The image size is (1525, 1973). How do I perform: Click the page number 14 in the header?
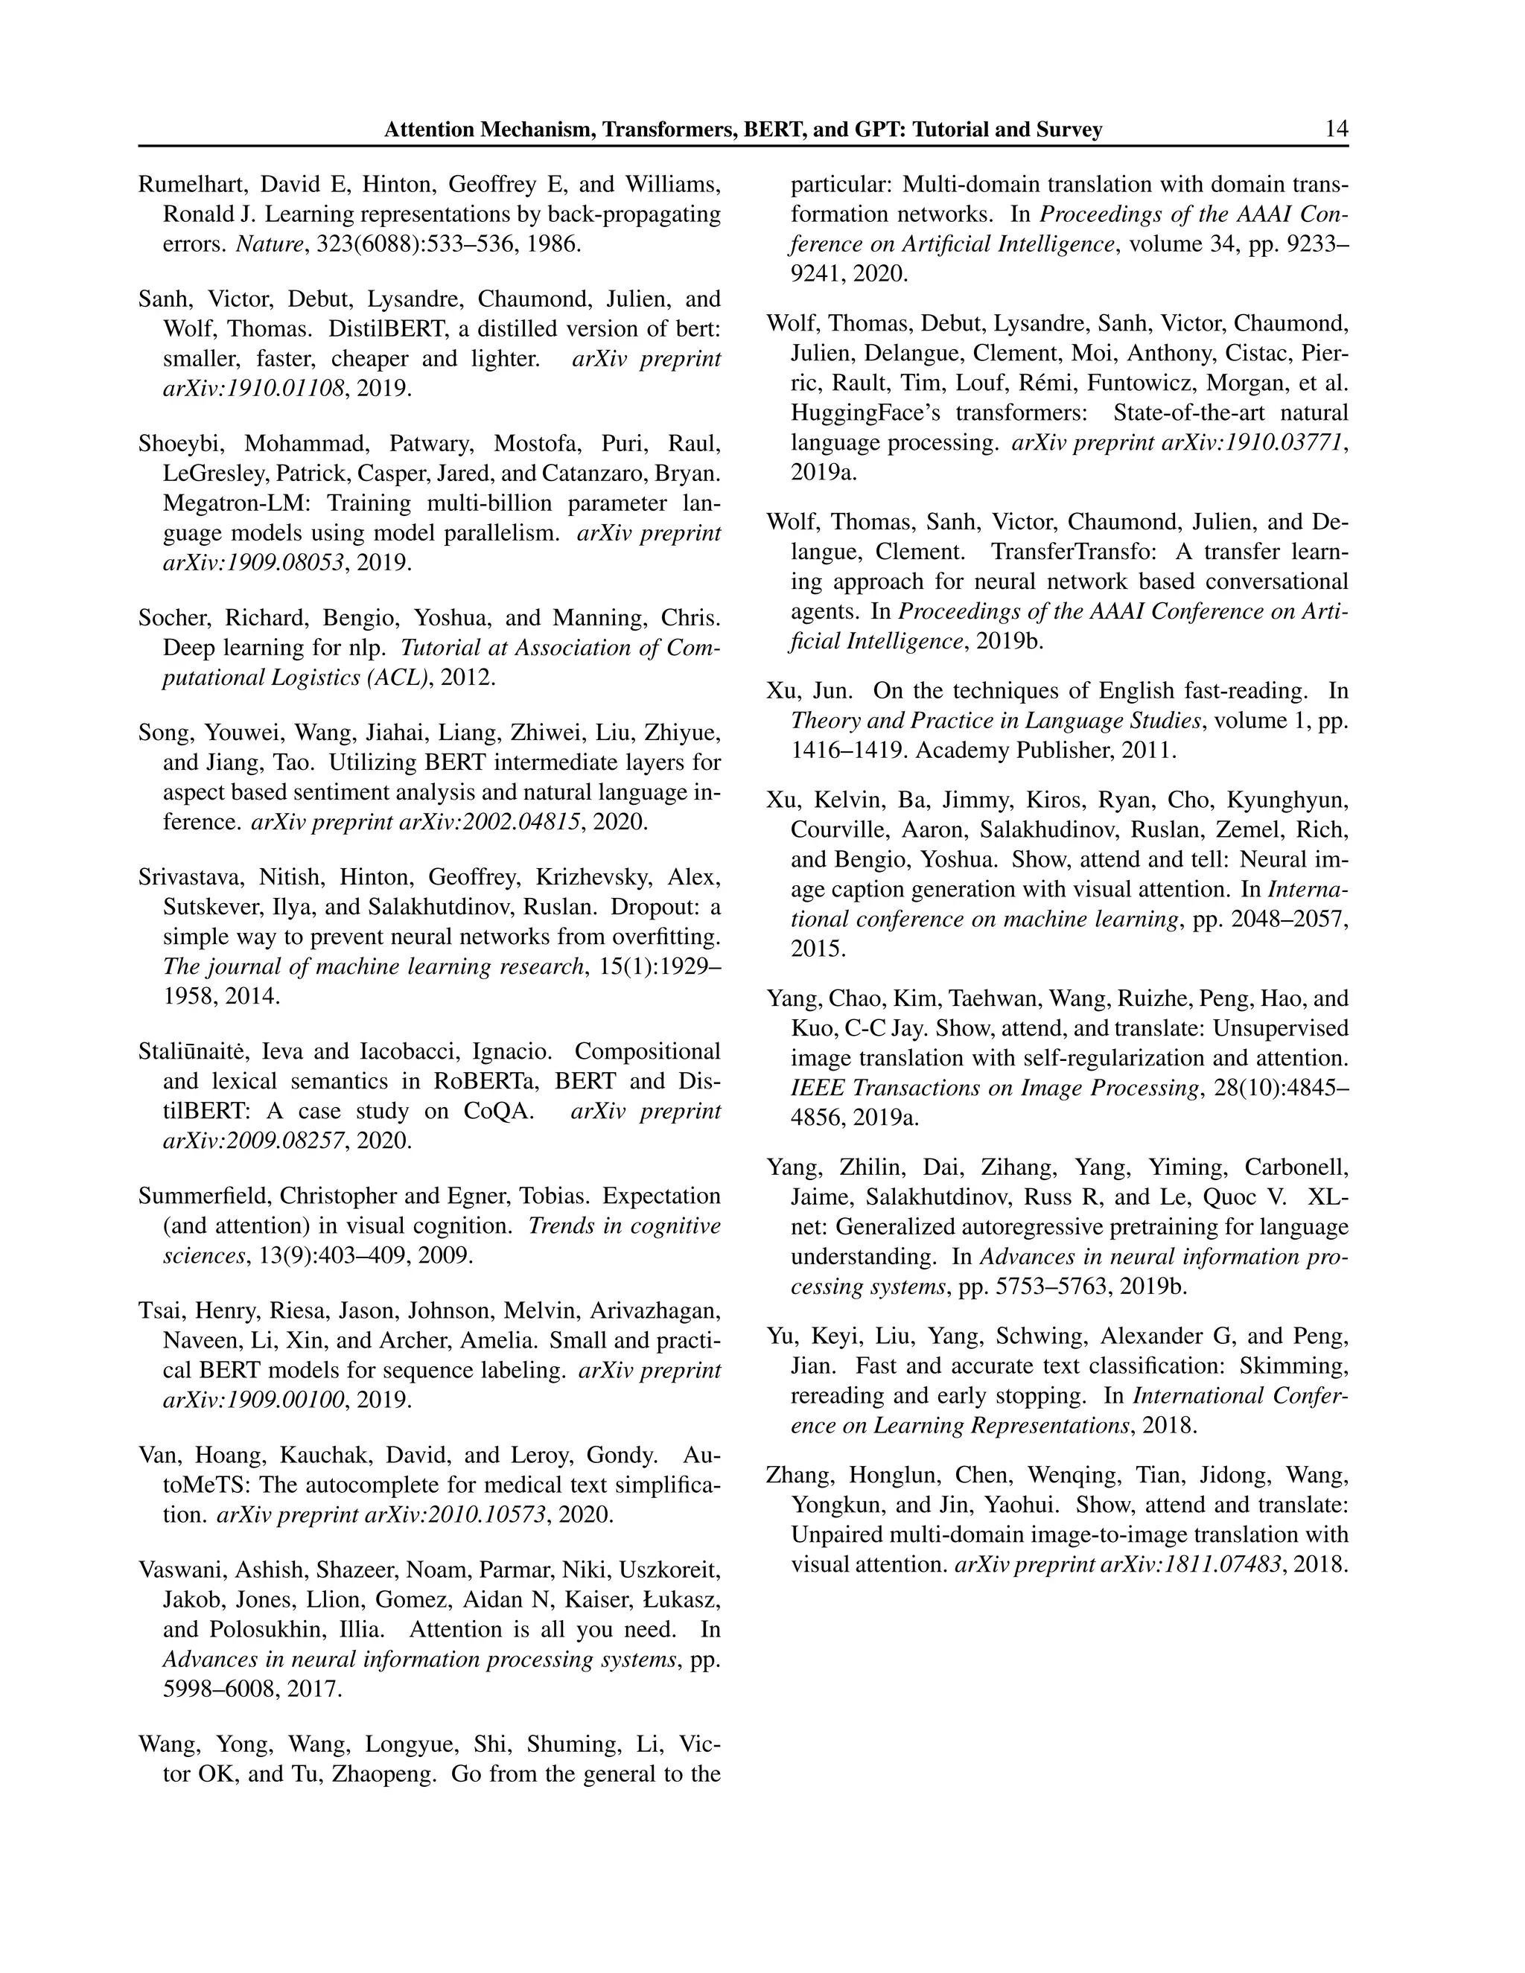click(1336, 130)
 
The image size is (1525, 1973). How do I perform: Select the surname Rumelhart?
click(194, 185)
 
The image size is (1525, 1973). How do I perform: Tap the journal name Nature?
click(268, 245)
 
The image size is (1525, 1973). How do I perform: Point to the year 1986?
click(555, 245)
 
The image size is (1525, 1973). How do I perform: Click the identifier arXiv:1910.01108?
click(254, 389)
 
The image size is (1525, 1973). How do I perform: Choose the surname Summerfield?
click(204, 1196)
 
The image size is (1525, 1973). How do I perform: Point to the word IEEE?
click(817, 1089)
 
